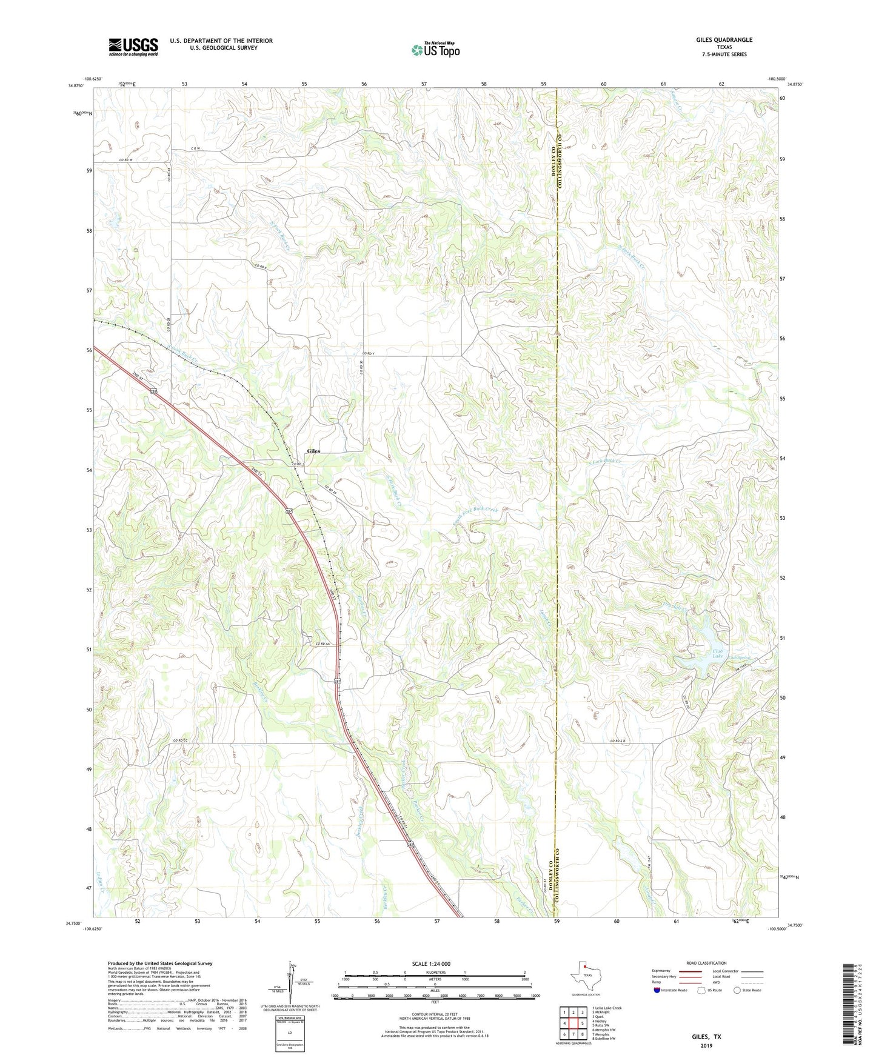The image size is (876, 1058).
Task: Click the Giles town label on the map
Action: pyautogui.click(x=313, y=451)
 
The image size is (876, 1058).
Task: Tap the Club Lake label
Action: pyautogui.click(x=718, y=654)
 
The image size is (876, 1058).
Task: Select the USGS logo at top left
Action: pyautogui.click(x=133, y=47)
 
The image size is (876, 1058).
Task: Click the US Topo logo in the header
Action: pyautogui.click(x=435, y=50)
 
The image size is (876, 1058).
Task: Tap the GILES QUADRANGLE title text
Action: pyautogui.click(x=724, y=40)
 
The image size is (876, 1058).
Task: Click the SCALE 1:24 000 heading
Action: pyautogui.click(x=435, y=963)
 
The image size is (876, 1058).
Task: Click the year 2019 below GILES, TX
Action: pyautogui.click(x=706, y=1045)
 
